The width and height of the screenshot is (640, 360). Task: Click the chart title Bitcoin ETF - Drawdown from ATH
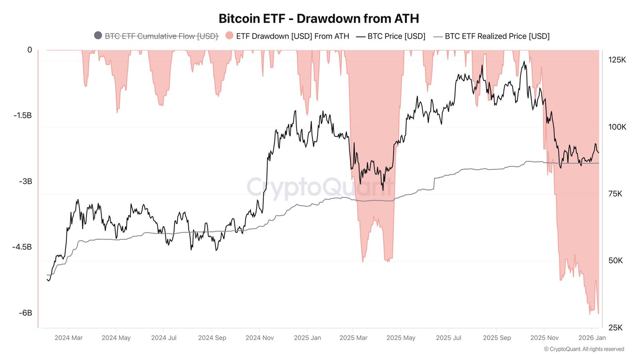point(319,19)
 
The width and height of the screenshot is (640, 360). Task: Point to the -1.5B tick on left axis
point(22,116)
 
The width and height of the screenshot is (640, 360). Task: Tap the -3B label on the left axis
point(25,181)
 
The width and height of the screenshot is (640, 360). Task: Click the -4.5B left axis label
point(22,247)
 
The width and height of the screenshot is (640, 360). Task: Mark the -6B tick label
point(25,313)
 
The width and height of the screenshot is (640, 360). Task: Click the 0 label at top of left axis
point(30,50)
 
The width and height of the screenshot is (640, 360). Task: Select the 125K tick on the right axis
point(617,60)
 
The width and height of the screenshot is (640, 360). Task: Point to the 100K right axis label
point(617,127)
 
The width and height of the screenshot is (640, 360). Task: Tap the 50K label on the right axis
point(615,260)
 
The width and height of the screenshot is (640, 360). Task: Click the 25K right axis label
point(615,328)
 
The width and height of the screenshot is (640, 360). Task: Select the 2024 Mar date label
point(68,338)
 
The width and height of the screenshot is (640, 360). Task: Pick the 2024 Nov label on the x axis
point(260,338)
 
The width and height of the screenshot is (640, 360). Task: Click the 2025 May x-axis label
point(401,338)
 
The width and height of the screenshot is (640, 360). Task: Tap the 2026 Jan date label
point(592,338)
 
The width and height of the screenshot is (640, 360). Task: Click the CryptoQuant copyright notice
point(584,349)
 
